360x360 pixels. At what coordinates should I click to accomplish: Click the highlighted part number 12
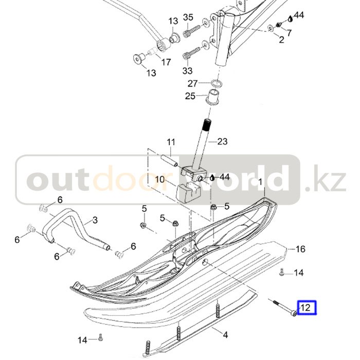[305, 308]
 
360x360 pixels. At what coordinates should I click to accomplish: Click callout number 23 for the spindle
[222, 141]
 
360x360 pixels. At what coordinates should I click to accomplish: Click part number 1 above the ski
[260, 182]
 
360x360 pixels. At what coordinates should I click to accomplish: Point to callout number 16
[300, 249]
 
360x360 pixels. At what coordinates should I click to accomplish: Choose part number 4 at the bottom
[225, 335]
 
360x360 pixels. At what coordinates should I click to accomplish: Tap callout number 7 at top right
[289, 33]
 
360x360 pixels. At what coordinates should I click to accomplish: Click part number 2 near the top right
[281, 40]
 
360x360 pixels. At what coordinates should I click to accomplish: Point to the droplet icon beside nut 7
[291, 17]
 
